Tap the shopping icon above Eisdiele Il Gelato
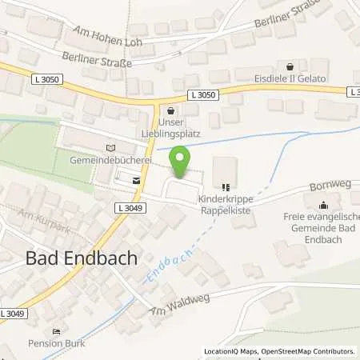(289, 66)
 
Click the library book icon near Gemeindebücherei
(110, 147)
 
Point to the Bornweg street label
(324, 187)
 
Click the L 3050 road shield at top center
(204, 94)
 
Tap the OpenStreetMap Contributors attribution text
(307, 351)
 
